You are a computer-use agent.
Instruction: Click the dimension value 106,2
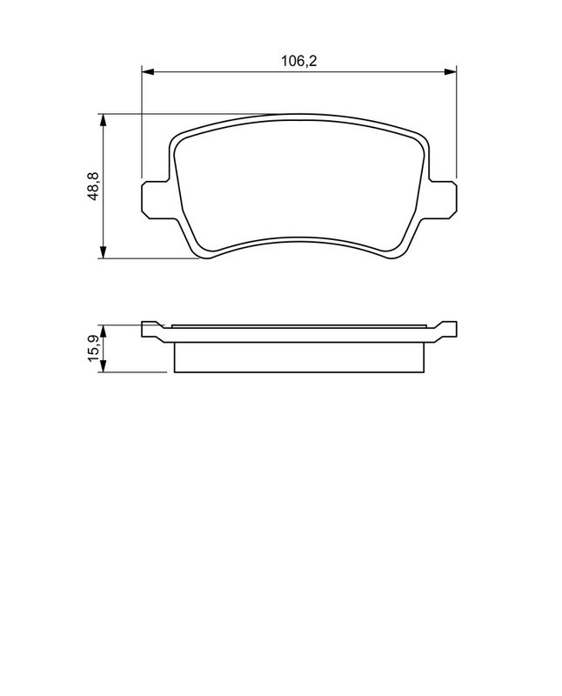point(297,61)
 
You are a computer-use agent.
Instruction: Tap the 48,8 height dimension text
point(92,185)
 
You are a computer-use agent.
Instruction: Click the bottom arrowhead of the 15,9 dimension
point(104,369)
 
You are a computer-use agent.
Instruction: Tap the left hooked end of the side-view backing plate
point(151,328)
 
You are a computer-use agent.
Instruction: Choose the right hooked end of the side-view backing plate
point(446,328)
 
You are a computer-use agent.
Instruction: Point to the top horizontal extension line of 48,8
point(191,114)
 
